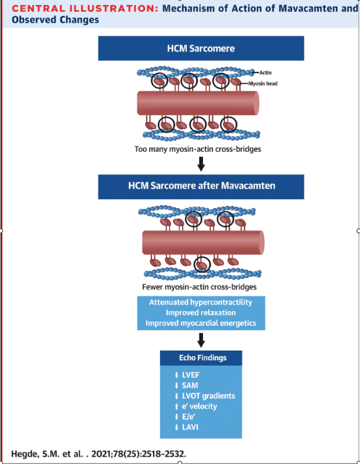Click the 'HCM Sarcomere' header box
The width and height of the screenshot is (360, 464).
pyautogui.click(x=201, y=48)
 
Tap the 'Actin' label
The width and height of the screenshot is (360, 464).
pyautogui.click(x=265, y=72)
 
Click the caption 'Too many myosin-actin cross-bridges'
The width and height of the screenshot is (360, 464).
pyautogui.click(x=198, y=149)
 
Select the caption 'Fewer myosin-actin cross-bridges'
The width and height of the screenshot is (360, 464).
pyautogui.click(x=199, y=287)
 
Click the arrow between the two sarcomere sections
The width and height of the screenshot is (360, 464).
pyautogui.click(x=201, y=164)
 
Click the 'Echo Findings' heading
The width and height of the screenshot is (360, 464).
pyautogui.click(x=201, y=358)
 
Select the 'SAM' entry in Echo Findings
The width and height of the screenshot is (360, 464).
pyautogui.click(x=190, y=385)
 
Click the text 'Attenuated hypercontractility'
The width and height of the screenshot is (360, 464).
pyautogui.click(x=201, y=302)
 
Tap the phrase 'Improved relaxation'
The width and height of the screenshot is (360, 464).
pyautogui.click(x=201, y=313)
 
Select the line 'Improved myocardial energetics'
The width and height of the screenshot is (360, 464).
pyautogui.click(x=201, y=323)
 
